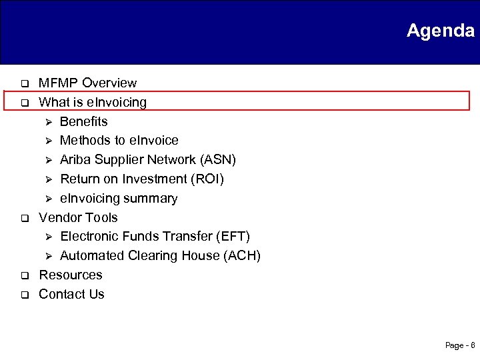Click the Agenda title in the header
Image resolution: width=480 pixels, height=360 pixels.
pos(440,31)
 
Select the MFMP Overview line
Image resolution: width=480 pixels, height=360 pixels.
pos(87,83)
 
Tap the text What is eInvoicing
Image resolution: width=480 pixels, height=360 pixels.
pos(93,103)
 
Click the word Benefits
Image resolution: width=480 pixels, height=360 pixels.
pos(83,121)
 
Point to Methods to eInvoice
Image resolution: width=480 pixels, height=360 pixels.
pos(119,141)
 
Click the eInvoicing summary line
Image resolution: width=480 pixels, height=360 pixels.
pos(119,199)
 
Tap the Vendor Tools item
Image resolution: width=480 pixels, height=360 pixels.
pos(78,217)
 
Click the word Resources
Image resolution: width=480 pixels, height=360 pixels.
pos(71,275)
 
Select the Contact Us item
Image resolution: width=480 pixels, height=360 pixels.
pos(71,295)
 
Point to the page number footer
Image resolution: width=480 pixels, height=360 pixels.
pos(459,345)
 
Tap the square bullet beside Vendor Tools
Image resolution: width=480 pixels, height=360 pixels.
pos(22,219)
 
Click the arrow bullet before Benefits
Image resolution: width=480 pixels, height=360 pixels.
pos(47,122)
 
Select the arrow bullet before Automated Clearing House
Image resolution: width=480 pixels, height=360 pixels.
pos(47,257)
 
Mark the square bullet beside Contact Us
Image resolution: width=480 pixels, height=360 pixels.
pos(22,295)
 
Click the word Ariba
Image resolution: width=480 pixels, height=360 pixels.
pos(75,160)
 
